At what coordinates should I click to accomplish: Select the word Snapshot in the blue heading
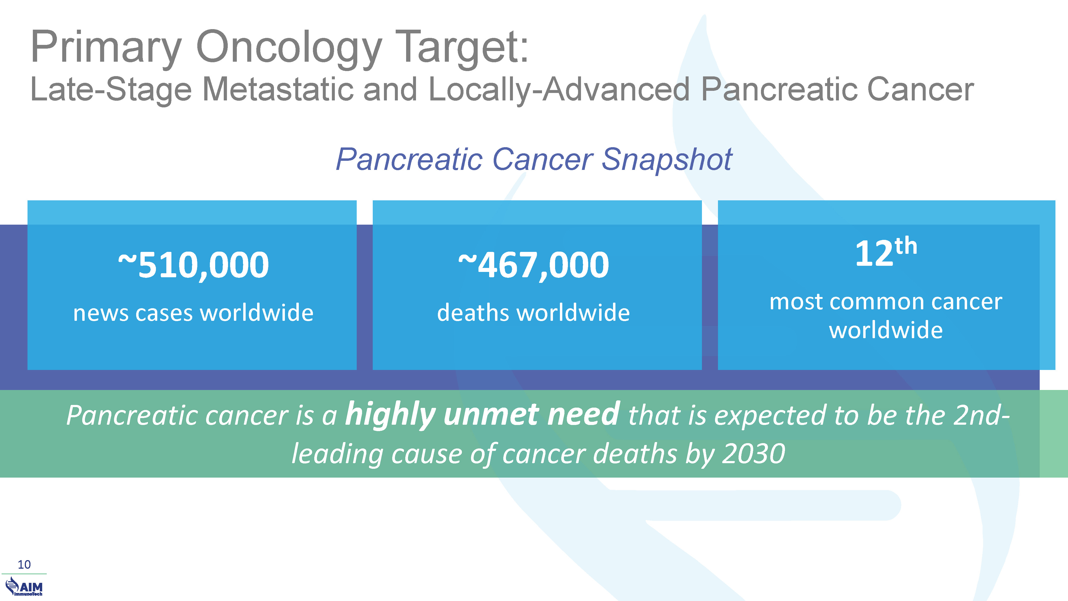pos(667,160)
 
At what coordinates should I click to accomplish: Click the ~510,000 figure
pos(194,266)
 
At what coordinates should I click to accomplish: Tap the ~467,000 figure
pos(533,266)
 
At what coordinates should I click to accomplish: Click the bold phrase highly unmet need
pos(482,415)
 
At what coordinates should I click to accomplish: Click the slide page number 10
pos(24,564)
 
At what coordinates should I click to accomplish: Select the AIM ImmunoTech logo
pos(24,587)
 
